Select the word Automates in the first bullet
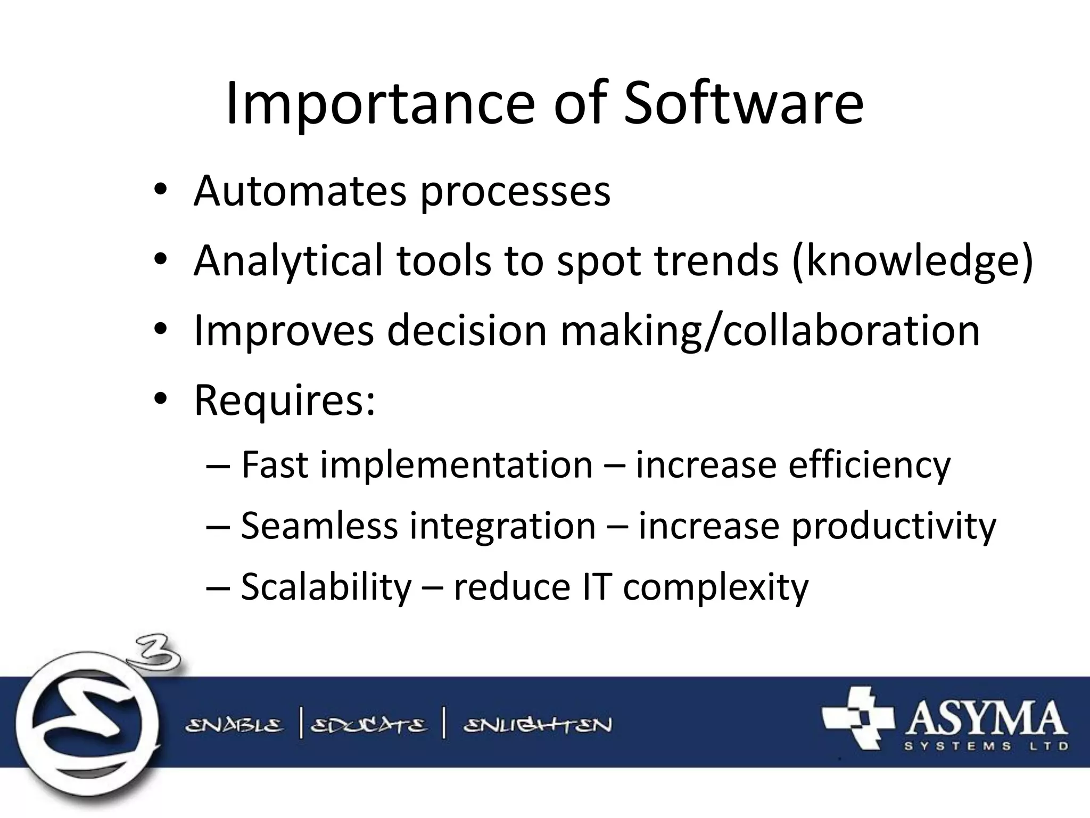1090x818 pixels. pos(299,191)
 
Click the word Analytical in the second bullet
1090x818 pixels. pos(288,261)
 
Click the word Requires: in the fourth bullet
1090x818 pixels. pos(285,400)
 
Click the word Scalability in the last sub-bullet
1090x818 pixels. pos(326,587)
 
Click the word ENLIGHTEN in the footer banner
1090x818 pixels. pos(538,725)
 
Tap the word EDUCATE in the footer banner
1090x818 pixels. pos(368,725)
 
